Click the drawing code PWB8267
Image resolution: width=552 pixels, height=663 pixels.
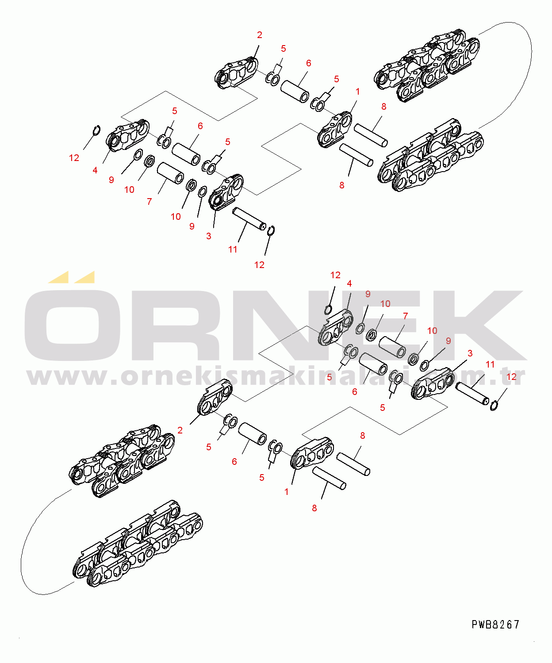point(495,625)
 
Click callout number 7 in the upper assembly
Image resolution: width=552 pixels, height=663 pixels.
point(149,201)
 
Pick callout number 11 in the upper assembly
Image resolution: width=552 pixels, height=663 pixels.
point(233,249)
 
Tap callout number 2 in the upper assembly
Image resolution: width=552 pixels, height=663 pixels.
point(260,35)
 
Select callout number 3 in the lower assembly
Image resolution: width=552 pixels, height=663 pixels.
point(470,353)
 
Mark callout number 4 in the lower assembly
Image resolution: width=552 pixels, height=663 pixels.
point(349,284)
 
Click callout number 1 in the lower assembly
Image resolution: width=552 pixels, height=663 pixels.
point(287,492)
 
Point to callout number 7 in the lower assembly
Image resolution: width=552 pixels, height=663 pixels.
point(405,316)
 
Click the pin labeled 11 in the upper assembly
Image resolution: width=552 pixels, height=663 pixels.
point(249,219)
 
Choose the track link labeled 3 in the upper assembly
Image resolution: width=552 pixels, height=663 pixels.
point(226,192)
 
